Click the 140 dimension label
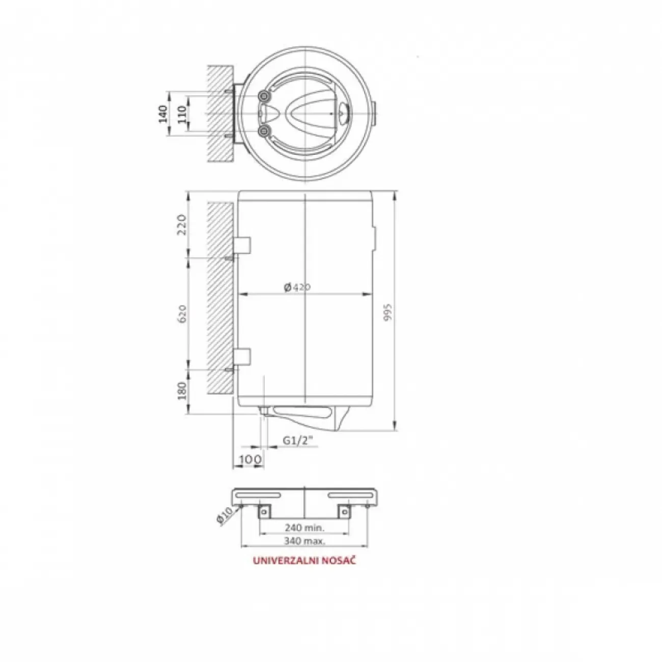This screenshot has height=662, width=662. pos(163,114)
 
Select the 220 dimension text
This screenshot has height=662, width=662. pos(182,225)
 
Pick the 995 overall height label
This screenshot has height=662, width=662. pos(388,312)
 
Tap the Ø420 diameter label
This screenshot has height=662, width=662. pos(297,287)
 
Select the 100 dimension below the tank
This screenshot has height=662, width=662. pos(250,459)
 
